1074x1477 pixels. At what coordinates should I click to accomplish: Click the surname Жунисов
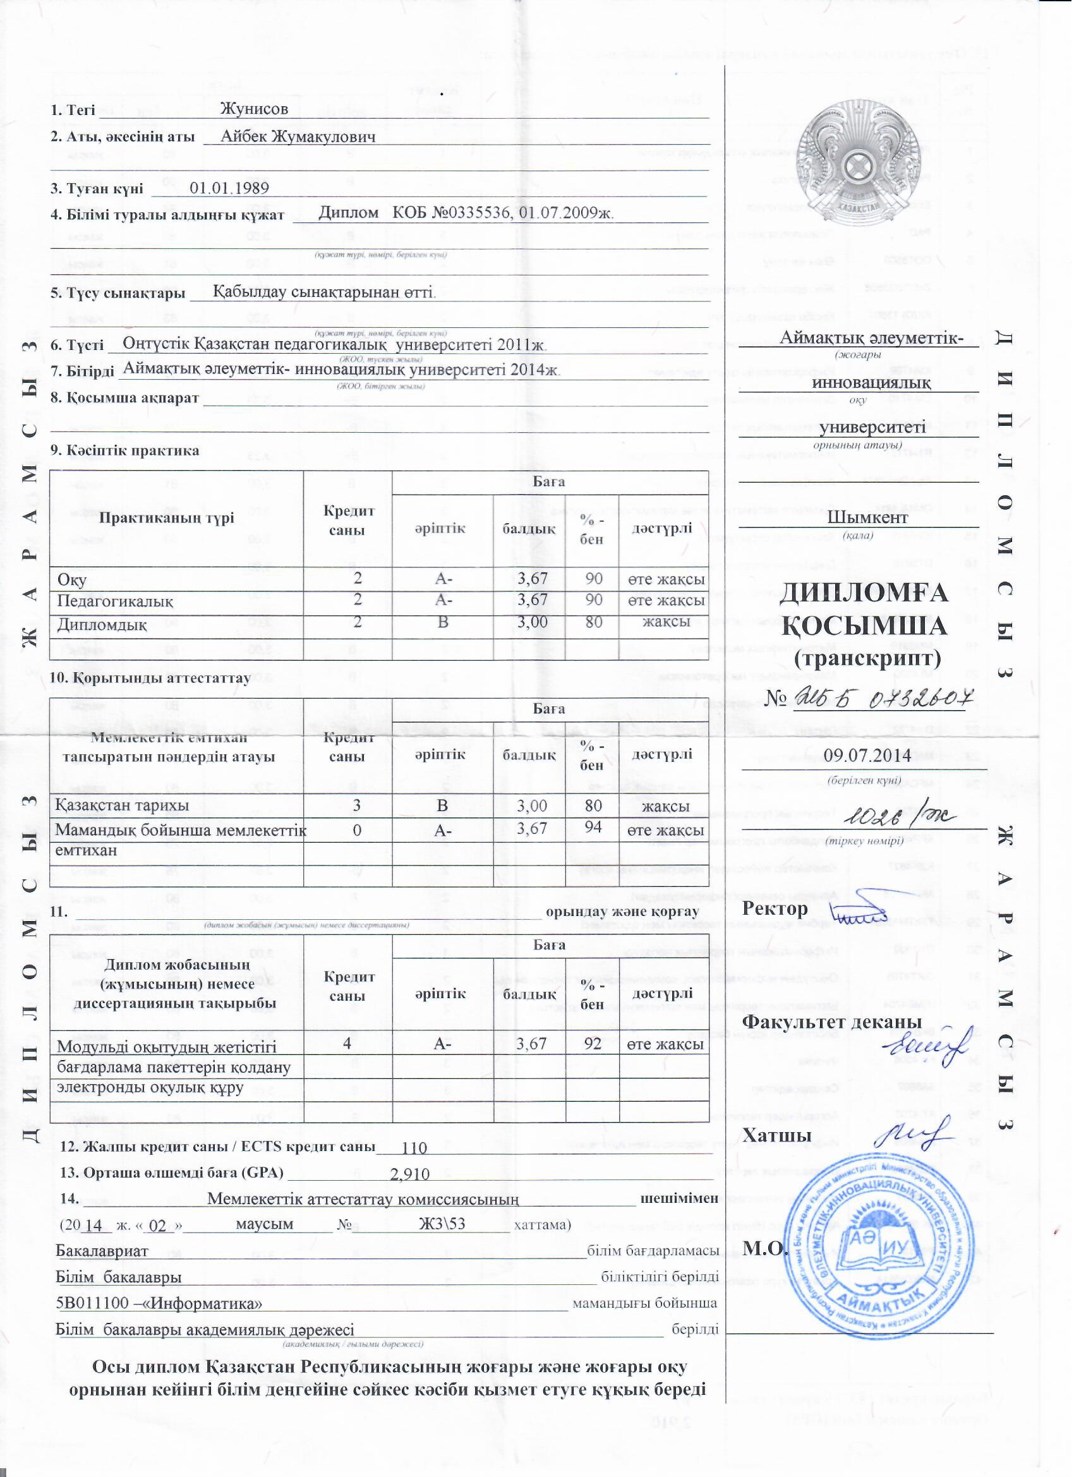pyautogui.click(x=254, y=109)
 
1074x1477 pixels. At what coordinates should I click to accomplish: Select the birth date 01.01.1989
pyautogui.click(x=229, y=188)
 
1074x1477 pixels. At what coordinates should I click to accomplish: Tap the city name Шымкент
pyautogui.click(x=859, y=519)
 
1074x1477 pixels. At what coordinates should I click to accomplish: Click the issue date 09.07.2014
pyautogui.click(x=867, y=756)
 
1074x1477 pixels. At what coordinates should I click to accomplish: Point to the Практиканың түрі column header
pyautogui.click(x=167, y=519)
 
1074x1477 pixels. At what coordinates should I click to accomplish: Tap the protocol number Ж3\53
pyautogui.click(x=442, y=1224)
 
